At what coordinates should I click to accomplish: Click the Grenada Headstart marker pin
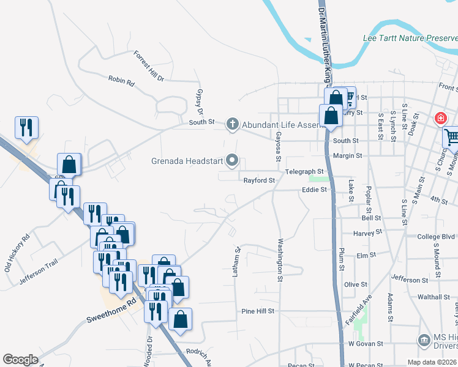(x=232, y=161)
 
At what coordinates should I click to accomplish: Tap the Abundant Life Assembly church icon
(x=232, y=125)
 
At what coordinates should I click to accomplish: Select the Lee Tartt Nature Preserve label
(x=410, y=38)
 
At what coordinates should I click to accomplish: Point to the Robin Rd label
(x=121, y=80)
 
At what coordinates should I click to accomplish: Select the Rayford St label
(x=260, y=180)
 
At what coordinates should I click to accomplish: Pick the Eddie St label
(x=315, y=190)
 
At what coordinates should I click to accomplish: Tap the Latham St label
(x=235, y=262)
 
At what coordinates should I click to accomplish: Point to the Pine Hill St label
(x=257, y=311)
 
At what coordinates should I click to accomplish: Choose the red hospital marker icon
(x=440, y=118)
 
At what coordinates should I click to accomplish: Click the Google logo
(x=20, y=360)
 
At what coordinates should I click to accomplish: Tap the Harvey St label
(x=367, y=232)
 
